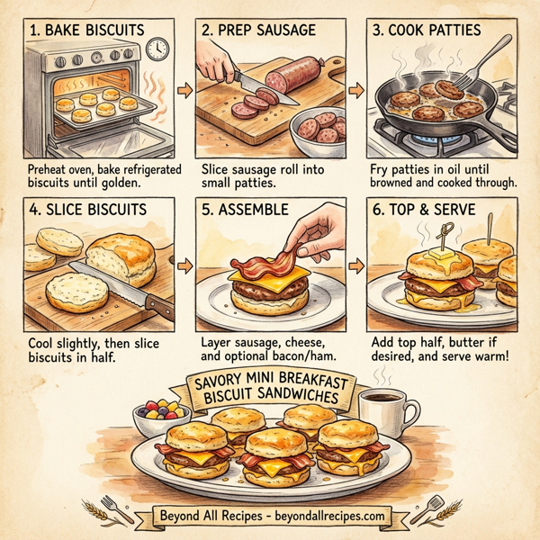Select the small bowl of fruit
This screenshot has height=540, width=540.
[x=159, y=418]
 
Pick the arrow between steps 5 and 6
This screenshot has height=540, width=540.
[x=358, y=266]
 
